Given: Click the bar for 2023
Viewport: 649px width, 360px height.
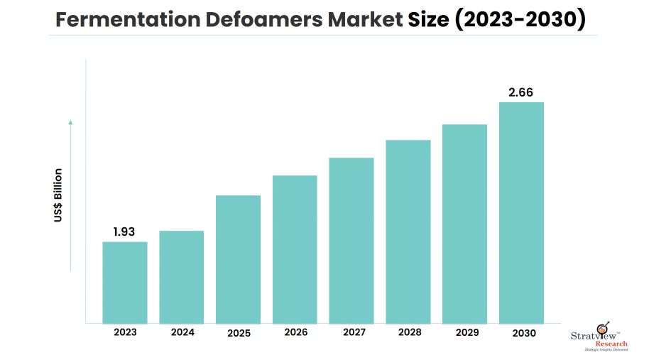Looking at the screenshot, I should (125, 283).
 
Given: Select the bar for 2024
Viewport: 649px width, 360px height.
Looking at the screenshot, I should (181, 277).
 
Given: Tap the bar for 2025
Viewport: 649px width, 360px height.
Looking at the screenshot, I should (238, 259).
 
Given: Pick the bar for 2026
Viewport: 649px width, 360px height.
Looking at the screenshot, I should (295, 249).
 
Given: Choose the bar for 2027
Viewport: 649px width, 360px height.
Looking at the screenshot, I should (351, 240).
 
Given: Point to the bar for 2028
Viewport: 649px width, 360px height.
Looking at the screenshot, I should (408, 231).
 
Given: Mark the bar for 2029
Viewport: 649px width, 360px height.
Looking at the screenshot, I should (464, 224).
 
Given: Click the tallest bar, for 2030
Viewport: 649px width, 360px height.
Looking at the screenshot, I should (521, 212).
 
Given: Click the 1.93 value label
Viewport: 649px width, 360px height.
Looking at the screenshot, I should (124, 231).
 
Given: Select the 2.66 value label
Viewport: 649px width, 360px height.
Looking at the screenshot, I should (520, 92).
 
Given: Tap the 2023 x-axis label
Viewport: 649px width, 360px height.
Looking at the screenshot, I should (125, 332).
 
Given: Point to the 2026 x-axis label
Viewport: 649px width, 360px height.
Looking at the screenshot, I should (295, 332).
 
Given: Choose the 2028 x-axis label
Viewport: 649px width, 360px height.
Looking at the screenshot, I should (408, 332).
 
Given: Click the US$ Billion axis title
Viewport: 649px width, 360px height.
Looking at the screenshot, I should (58, 195).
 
